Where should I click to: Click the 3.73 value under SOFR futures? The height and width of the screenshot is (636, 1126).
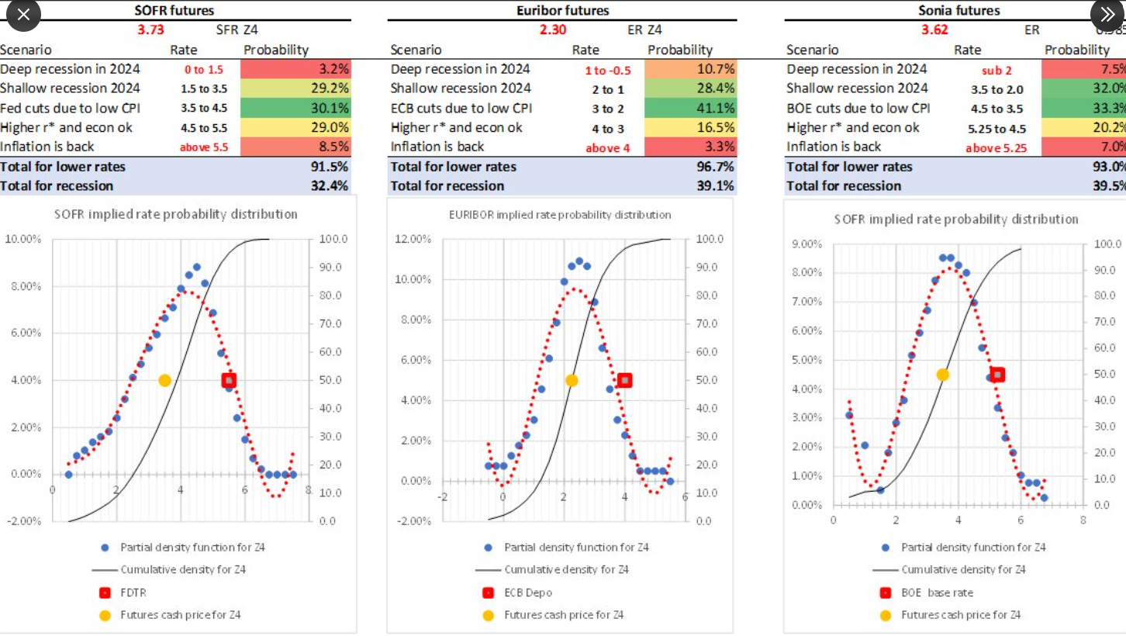(150, 30)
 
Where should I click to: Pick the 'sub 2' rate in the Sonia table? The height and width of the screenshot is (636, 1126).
(996, 71)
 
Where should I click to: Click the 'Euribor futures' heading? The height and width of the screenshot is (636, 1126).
(562, 10)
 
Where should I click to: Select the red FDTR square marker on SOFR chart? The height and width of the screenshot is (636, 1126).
(229, 380)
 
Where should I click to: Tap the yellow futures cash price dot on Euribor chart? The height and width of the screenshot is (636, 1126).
(572, 380)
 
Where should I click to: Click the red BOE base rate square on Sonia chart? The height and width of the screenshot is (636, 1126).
(997, 375)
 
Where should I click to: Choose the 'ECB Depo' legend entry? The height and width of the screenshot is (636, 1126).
(527, 593)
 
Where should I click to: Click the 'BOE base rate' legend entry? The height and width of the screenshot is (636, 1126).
(936, 593)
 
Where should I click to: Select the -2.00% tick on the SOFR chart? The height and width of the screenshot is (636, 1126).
(25, 520)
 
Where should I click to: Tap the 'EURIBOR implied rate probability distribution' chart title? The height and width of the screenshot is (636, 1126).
(560, 214)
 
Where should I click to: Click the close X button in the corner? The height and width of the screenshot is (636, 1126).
(23, 15)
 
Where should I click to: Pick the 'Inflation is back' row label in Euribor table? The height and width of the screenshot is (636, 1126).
(437, 147)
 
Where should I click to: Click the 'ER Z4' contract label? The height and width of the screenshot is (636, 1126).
(644, 30)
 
